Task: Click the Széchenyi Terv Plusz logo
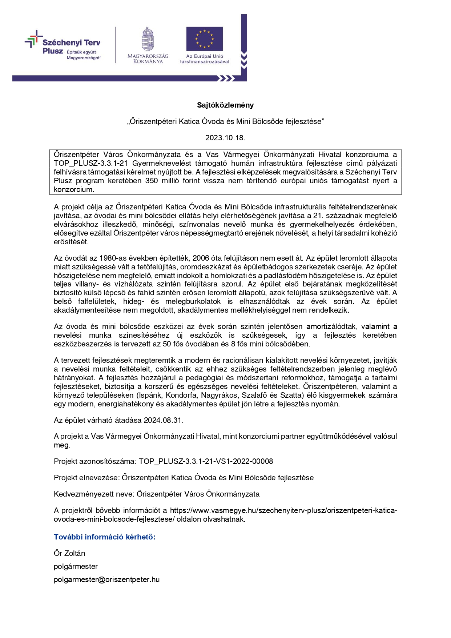point(63,46)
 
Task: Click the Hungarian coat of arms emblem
point(148,39)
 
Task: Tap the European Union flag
point(204,39)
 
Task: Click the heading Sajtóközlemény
point(225,105)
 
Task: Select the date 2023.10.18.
point(225,138)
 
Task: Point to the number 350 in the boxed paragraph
point(152,181)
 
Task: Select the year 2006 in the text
point(201,258)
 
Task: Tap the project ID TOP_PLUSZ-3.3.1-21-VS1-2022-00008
point(206,461)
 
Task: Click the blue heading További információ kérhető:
point(105,537)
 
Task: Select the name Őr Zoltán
point(69,553)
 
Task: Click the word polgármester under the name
point(76,566)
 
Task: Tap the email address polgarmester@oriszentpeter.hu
point(106,579)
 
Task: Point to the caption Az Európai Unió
point(205,56)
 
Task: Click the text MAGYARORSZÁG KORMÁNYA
point(148,59)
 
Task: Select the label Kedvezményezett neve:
point(94,494)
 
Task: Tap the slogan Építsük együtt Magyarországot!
point(83,55)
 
